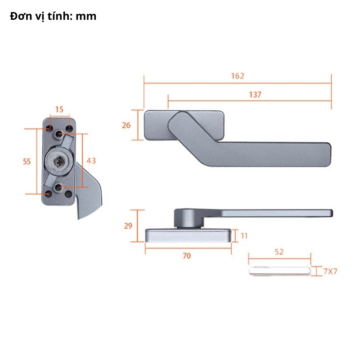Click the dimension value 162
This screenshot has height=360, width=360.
tap(238, 76)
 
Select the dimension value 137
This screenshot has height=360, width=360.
tap(255, 94)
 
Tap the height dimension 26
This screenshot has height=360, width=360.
tap(126, 125)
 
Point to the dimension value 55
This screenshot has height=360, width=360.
tap(27, 161)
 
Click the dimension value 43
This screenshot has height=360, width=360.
tap(91, 160)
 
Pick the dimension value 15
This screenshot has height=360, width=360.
tap(59, 109)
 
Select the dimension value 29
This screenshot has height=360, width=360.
tap(128, 225)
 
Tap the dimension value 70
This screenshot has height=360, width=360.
tap(187, 256)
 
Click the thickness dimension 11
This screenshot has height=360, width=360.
tap(244, 235)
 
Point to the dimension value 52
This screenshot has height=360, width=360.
tap(279, 252)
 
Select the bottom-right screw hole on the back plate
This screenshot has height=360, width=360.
tap(69, 194)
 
